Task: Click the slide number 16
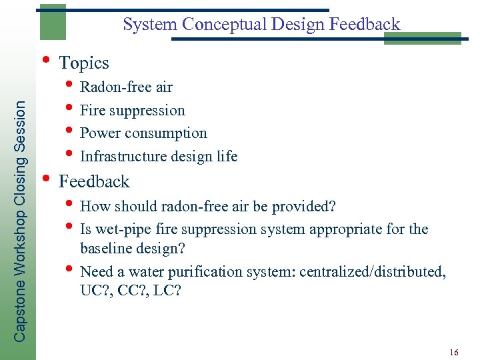coord(454,351)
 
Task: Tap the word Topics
coord(84,63)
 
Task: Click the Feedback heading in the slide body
coord(94,181)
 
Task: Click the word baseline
coord(105,249)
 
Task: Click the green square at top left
coord(52,21)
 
